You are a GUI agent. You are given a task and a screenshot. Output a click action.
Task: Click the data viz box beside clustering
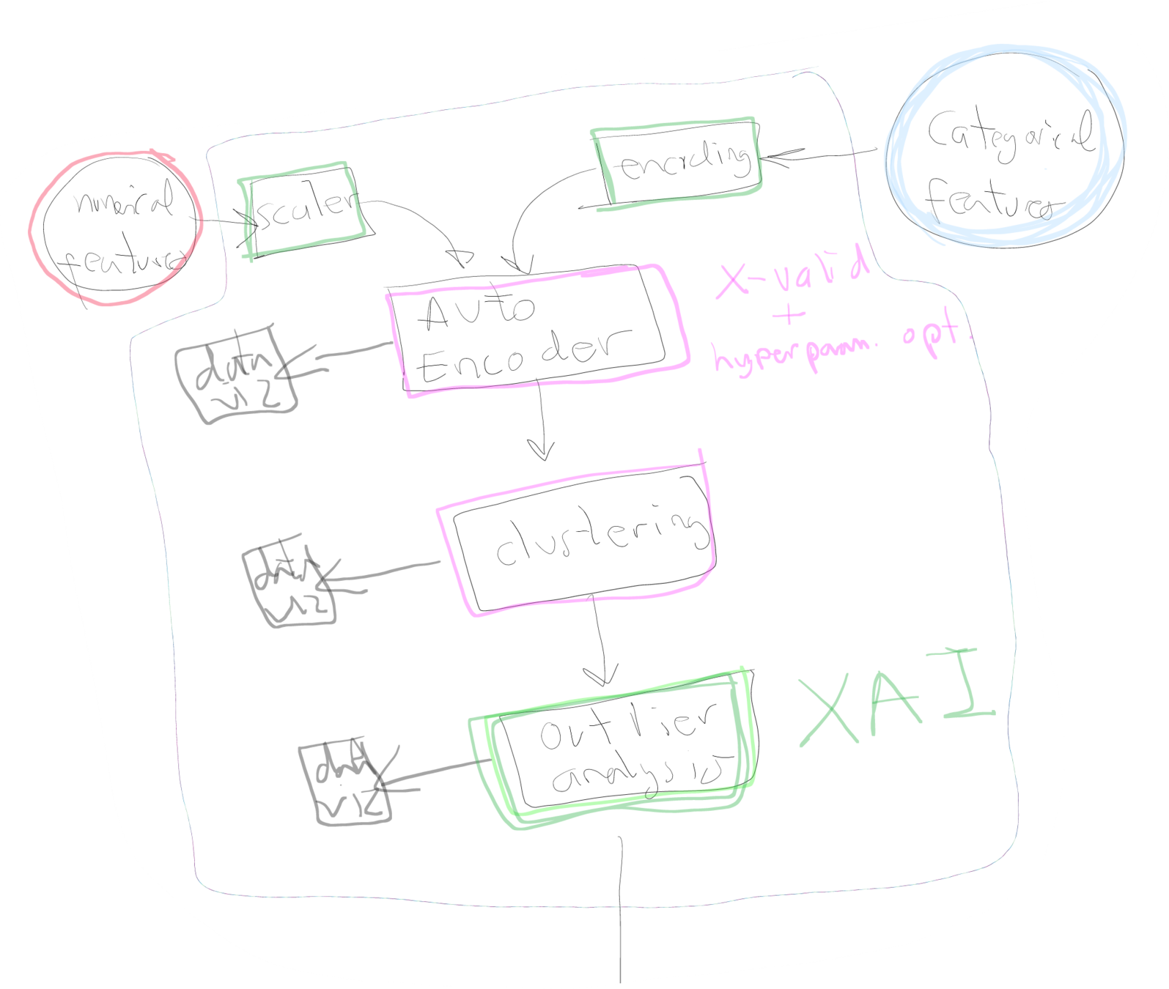coord(290,586)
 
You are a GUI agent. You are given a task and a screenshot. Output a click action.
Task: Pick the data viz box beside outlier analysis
coord(344,784)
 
